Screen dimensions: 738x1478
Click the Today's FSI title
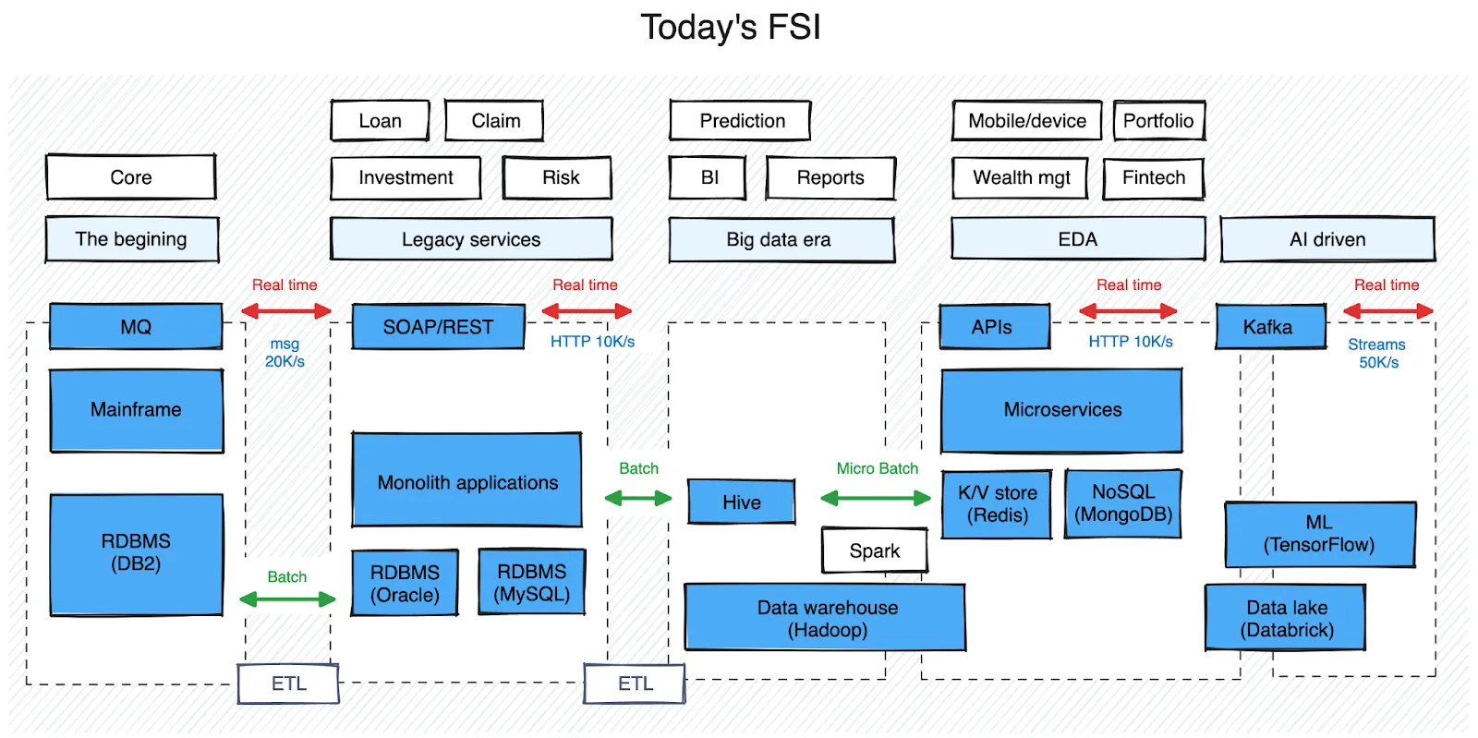[730, 28]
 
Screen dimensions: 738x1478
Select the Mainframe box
[136, 410]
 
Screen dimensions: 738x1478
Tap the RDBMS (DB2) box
[136, 553]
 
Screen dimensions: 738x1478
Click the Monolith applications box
[466, 480]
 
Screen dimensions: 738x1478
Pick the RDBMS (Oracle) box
[405, 583]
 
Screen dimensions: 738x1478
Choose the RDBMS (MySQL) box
[531, 582]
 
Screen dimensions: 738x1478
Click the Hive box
[741, 502]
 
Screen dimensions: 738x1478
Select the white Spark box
[874, 550]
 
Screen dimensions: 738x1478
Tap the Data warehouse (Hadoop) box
[825, 618]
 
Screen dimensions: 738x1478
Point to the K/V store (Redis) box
[997, 504]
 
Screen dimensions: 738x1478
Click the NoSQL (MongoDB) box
[1122, 503]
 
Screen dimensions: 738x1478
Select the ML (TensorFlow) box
[1319, 534]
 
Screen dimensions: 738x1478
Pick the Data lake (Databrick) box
[1286, 618]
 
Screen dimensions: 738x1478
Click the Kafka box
[1269, 327]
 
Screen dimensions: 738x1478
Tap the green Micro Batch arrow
[875, 499]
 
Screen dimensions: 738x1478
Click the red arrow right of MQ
[286, 311]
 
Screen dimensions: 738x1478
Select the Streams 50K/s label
[1377, 353]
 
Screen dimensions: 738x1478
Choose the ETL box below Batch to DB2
[288, 684]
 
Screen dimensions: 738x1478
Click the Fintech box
[1153, 177]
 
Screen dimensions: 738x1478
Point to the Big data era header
[781, 240]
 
